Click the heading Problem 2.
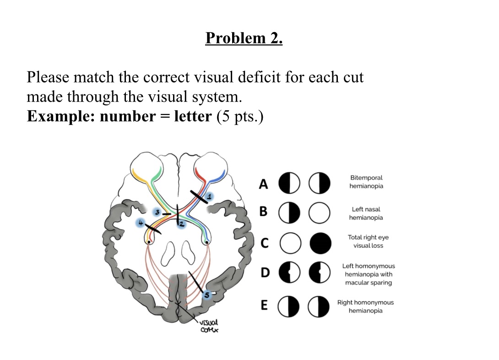[x=244, y=38]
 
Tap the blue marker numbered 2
[x=181, y=224]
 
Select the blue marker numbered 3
[x=157, y=213]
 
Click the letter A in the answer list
[x=263, y=184]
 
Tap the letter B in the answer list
[x=263, y=212]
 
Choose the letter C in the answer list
[x=264, y=243]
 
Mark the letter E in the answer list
[x=264, y=305]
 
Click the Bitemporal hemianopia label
[x=366, y=182]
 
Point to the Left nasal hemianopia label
[x=366, y=213]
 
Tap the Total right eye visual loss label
[x=368, y=241]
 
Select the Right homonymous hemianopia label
[x=365, y=306]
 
